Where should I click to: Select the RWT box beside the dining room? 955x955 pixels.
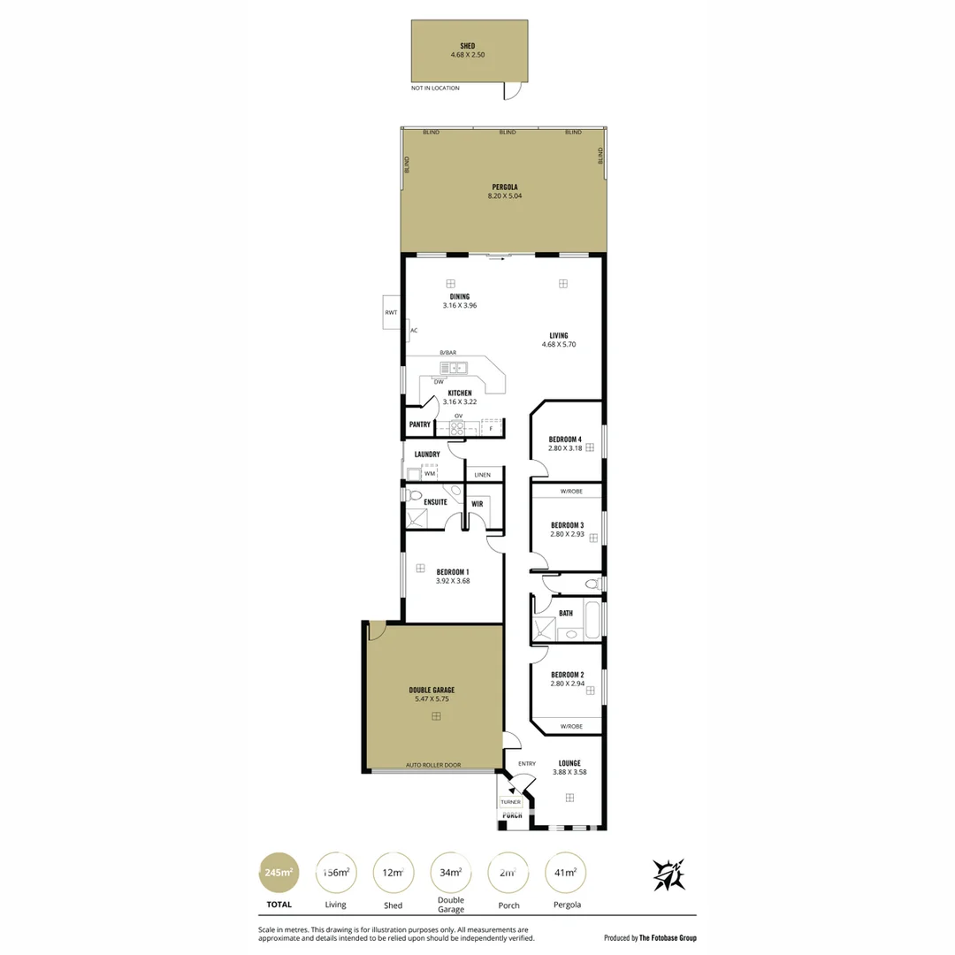pyautogui.click(x=390, y=313)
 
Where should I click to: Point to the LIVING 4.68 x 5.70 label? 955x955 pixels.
pyautogui.click(x=558, y=340)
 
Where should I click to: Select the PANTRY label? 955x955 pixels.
pyautogui.click(x=420, y=424)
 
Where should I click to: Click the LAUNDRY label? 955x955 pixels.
pyautogui.click(x=427, y=455)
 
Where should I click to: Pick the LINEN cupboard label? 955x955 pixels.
pyautogui.click(x=482, y=475)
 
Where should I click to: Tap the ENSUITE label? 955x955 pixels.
pyautogui.click(x=435, y=502)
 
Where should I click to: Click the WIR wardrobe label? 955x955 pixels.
pyautogui.click(x=477, y=503)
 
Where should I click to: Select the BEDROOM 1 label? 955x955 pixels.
pyautogui.click(x=452, y=577)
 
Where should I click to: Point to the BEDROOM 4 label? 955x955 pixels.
pyautogui.click(x=565, y=444)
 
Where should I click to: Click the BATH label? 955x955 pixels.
pyautogui.click(x=565, y=613)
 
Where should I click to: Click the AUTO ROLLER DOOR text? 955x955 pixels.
pyautogui.click(x=432, y=765)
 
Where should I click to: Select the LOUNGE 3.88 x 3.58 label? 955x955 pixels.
pyautogui.click(x=569, y=767)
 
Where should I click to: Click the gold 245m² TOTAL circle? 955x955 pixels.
pyautogui.click(x=279, y=873)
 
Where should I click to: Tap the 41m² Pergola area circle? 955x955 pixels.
pyautogui.click(x=565, y=873)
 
